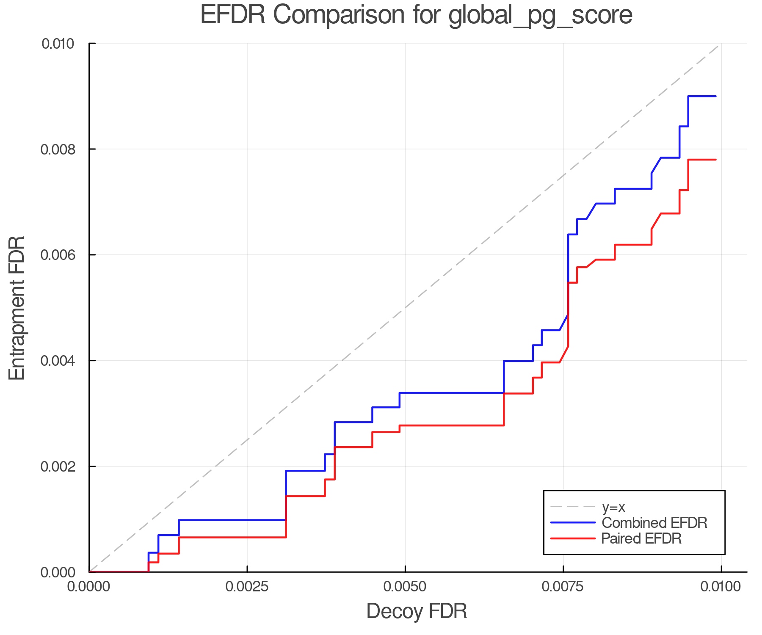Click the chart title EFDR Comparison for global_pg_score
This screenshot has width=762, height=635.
click(x=416, y=15)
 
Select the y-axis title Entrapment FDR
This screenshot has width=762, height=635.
click(x=17, y=308)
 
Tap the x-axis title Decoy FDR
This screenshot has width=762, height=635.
click(x=417, y=611)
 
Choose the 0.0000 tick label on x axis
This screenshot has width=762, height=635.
click(x=89, y=587)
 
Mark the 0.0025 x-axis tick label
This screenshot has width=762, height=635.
click(x=247, y=587)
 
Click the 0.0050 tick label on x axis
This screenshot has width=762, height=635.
click(x=405, y=587)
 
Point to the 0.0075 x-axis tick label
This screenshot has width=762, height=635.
click(x=563, y=587)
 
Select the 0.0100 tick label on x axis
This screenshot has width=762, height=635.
click(x=721, y=587)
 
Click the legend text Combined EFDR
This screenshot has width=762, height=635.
click(x=654, y=523)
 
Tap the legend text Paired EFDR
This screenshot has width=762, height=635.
click(x=641, y=538)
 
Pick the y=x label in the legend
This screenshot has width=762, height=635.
click(x=613, y=507)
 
